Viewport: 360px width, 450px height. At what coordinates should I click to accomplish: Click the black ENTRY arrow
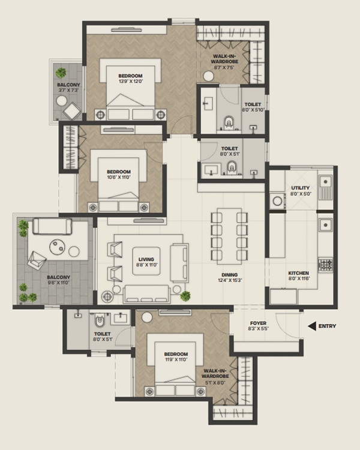(311, 326)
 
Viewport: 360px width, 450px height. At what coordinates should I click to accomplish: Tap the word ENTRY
(328, 326)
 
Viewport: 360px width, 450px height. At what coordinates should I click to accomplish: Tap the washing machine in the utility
(277, 201)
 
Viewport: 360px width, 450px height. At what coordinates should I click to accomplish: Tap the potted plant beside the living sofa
(185, 295)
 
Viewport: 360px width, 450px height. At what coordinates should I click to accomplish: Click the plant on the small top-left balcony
(61, 73)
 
